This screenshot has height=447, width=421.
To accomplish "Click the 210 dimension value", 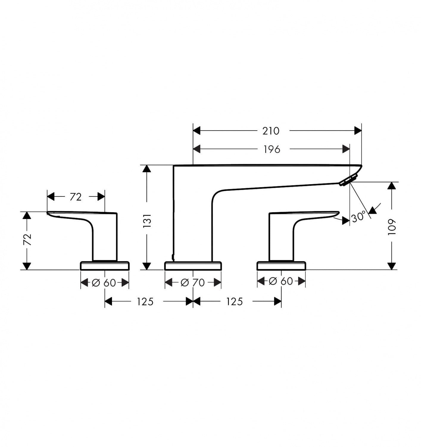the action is click(x=271, y=131).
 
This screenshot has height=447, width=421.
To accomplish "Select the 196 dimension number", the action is click(x=272, y=149).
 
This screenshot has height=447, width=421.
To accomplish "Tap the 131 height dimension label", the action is click(x=148, y=221).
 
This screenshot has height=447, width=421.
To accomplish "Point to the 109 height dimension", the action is click(x=392, y=227).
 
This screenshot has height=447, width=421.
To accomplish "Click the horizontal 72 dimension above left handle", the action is click(x=76, y=197).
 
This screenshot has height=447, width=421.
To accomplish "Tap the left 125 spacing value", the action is click(x=145, y=302).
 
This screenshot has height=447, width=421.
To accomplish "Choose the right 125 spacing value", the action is click(x=235, y=302).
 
